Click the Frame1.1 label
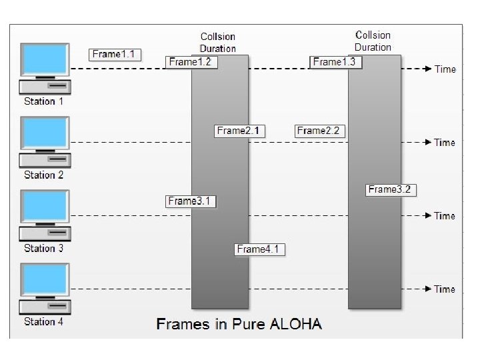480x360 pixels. point(115,55)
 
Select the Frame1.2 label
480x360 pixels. point(192,62)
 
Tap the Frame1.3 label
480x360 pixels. point(337,62)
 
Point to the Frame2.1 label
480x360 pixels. point(240,131)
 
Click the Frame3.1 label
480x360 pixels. point(192,201)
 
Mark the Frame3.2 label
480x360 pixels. point(391,189)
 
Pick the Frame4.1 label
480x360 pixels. point(261,249)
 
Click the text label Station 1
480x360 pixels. point(44,101)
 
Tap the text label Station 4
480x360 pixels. point(44,321)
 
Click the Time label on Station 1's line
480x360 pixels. point(445,69)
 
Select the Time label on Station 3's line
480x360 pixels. point(445,216)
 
